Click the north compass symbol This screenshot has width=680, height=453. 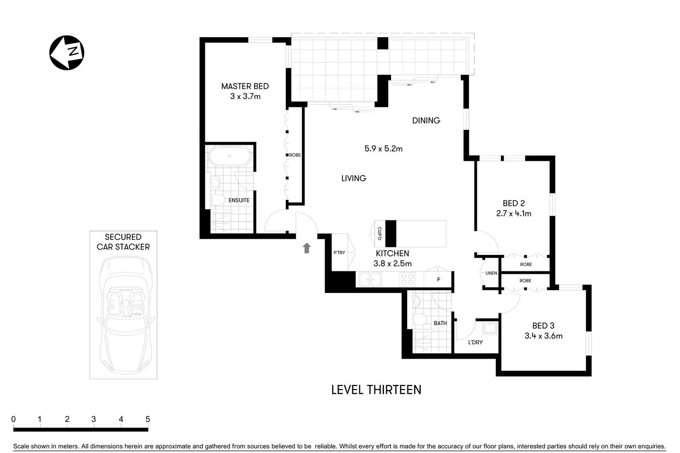[x=67, y=52]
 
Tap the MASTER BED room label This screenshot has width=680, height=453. [x=245, y=86]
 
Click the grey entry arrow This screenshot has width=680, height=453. [x=306, y=248]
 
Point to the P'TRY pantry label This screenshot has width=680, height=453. [x=339, y=252]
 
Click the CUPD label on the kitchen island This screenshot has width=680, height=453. [x=379, y=233]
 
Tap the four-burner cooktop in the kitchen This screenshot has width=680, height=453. [x=407, y=279]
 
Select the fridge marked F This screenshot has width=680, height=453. [x=438, y=279]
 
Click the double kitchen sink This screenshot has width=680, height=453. [x=370, y=279]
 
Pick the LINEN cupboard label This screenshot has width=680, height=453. [x=491, y=273]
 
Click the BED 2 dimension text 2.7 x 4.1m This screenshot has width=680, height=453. [x=514, y=213]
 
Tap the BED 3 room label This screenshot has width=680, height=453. [x=543, y=326]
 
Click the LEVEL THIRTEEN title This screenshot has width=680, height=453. [x=376, y=390]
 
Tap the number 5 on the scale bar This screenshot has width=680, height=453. [x=147, y=419]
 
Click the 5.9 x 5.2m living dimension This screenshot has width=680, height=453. [x=383, y=149]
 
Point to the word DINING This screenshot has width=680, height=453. [x=426, y=120]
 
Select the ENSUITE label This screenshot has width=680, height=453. [x=239, y=200]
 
